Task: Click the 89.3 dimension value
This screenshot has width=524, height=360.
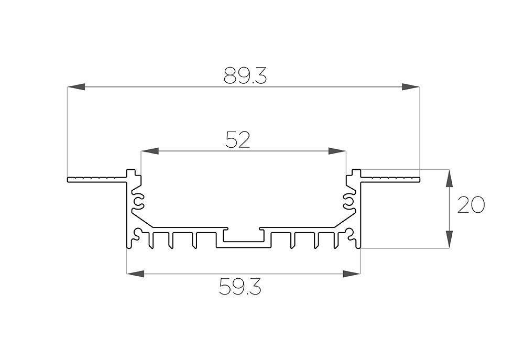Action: (245, 75)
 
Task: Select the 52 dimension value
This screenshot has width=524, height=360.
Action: (237, 140)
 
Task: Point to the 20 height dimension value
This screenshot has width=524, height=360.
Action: (471, 205)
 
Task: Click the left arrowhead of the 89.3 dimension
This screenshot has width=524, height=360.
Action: (76, 87)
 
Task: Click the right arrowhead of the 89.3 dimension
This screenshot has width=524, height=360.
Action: (411, 87)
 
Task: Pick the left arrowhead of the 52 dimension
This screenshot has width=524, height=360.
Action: (149, 151)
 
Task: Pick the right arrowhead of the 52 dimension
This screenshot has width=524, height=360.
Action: (337, 151)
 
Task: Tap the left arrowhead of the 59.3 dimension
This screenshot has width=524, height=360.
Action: (135, 274)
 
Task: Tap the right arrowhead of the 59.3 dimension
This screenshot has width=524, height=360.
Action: (352, 274)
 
